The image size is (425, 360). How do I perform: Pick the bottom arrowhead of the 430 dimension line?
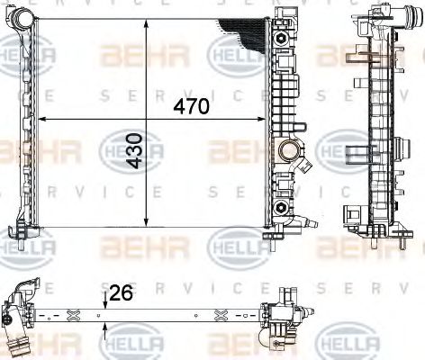tap(148, 224)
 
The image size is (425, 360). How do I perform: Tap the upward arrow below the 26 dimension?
tap(106, 332)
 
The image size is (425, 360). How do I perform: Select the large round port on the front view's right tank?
tap(289, 149)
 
